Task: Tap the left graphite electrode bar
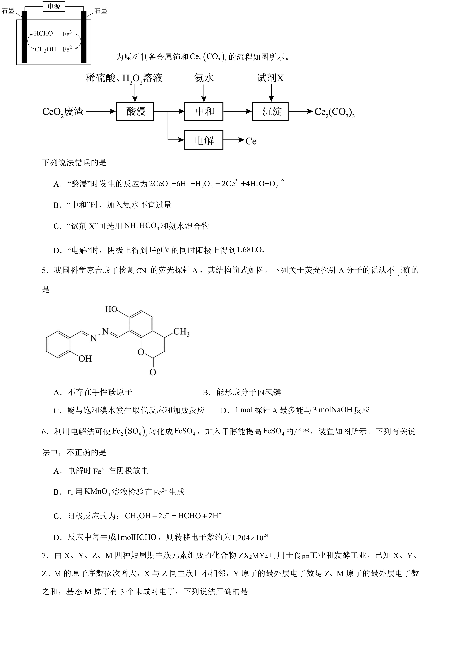[x=25, y=37]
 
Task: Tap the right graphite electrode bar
[x=83, y=37]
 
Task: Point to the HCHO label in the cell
[x=43, y=33]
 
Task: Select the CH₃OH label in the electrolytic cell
[x=45, y=49]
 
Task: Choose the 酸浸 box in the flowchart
[x=135, y=111]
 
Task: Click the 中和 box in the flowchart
[x=204, y=111]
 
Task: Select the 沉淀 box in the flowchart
[x=270, y=111]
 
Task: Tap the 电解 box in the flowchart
[x=204, y=140]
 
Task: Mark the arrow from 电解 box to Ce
[x=234, y=140]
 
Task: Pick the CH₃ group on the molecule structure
[x=181, y=332]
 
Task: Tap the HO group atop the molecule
[x=111, y=309]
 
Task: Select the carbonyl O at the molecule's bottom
[x=153, y=372]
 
